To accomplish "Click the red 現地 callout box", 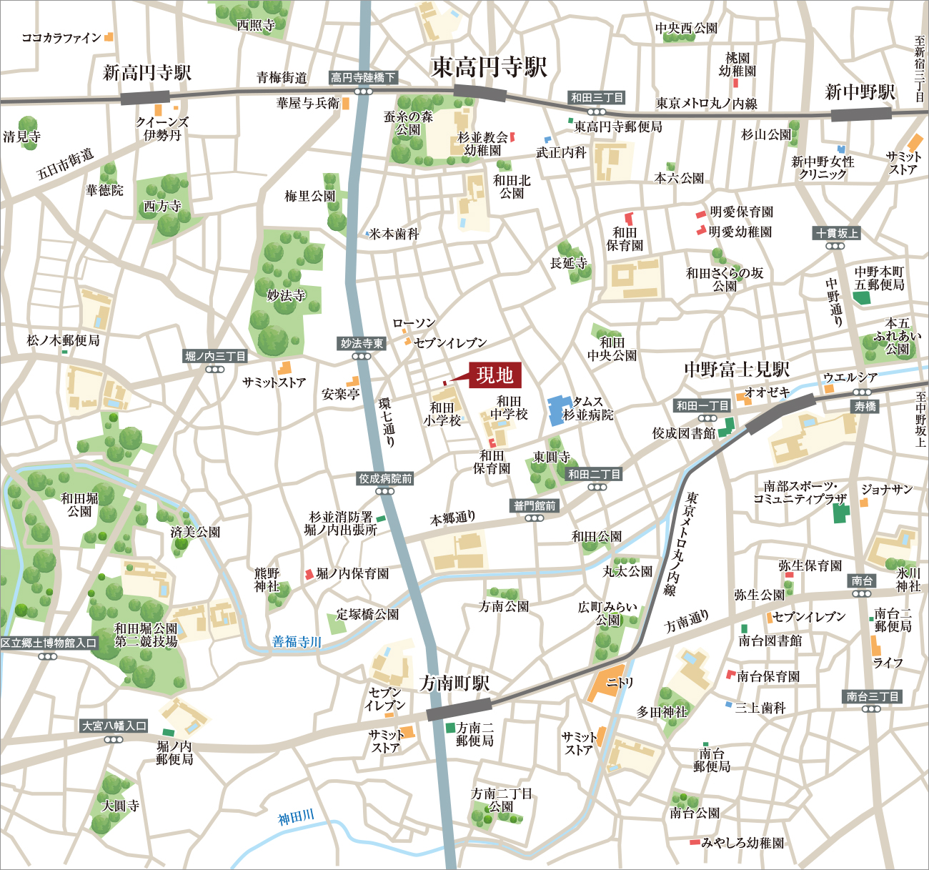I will pyautogui.click(x=495, y=375).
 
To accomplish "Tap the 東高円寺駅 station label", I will pyautogui.click(x=489, y=67).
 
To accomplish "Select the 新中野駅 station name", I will pyautogui.click(x=860, y=92).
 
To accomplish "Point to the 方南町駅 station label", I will pyautogui.click(x=454, y=683).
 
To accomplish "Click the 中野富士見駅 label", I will pyautogui.click(x=736, y=369).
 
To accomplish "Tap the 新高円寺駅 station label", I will pyautogui.click(x=147, y=72).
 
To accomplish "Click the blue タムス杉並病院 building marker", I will pyautogui.click(x=556, y=410).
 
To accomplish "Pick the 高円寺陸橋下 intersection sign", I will pyautogui.click(x=363, y=77).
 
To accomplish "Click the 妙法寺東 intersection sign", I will pyautogui.click(x=362, y=344).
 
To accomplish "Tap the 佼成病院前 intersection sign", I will pyautogui.click(x=385, y=478).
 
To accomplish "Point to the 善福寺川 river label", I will pyautogui.click(x=297, y=641).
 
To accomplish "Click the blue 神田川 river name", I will pyautogui.click(x=296, y=816).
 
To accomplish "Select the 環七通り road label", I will pyautogui.click(x=387, y=422).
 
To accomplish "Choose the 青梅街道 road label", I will pyautogui.click(x=282, y=77).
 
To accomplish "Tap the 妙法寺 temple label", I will pyautogui.click(x=286, y=295).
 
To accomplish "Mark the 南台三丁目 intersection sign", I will pyautogui.click(x=872, y=696).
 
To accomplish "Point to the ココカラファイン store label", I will pyautogui.click(x=61, y=38).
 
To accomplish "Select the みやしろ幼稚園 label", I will pyautogui.click(x=742, y=843).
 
